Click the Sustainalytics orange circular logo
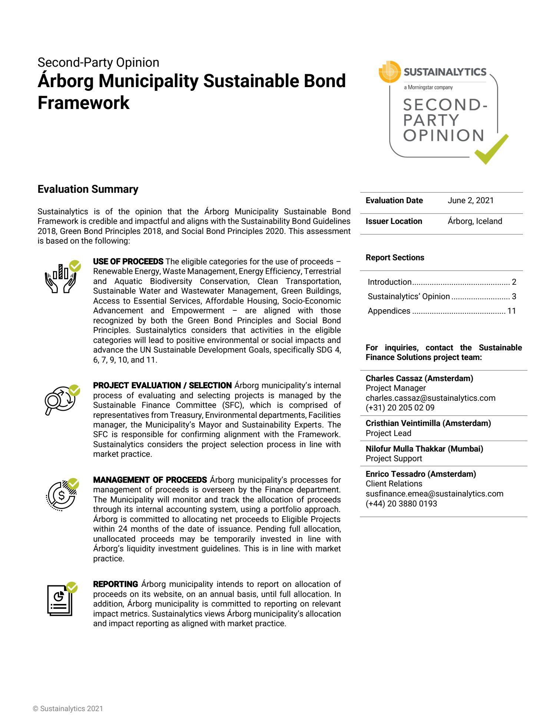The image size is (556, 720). click(390, 72)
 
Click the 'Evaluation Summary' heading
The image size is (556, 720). click(88, 189)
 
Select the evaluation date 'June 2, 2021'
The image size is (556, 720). click(470, 201)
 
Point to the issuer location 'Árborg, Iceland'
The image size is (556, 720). click(474, 221)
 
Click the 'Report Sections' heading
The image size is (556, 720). click(395, 258)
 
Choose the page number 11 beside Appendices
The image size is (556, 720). click(512, 311)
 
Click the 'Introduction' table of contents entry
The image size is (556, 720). click(390, 282)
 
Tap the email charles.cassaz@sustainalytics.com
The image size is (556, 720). click(430, 398)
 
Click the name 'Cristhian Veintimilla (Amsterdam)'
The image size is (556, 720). click(428, 423)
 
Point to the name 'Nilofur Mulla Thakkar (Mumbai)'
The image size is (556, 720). click(424, 449)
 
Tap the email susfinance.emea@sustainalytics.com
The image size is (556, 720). click(434, 494)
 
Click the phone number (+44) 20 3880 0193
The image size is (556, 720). click(401, 504)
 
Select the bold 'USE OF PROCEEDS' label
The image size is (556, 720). click(128, 262)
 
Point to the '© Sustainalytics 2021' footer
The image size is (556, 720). click(68, 709)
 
